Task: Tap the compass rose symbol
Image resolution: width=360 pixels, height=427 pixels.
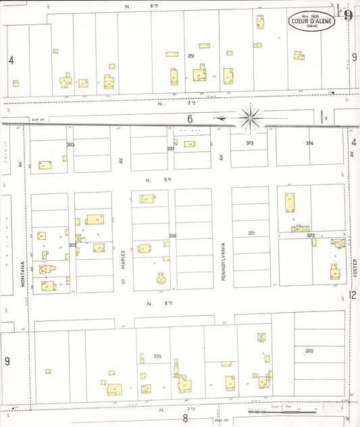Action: pos(250,118)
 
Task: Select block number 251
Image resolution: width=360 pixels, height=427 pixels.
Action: pos(191,56)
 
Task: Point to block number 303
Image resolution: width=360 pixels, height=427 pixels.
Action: pos(70,145)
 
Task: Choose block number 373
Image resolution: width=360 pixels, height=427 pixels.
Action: pos(249,143)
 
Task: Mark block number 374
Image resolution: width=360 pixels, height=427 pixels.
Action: pos(309,143)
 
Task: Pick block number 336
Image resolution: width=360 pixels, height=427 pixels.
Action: pos(172,236)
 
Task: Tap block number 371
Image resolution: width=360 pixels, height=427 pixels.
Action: pos(251,233)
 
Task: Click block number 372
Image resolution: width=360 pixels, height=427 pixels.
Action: pos(311,236)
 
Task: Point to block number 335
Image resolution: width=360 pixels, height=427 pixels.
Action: pos(157,356)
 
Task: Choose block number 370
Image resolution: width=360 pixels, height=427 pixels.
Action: pos(309,351)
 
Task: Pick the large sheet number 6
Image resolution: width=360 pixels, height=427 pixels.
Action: pos(190,119)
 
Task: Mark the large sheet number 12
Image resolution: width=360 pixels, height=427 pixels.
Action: pos(353,295)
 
